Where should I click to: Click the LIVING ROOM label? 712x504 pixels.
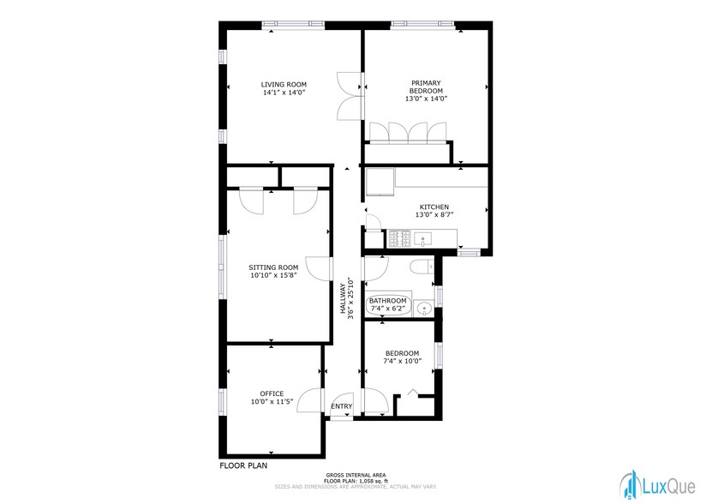284,84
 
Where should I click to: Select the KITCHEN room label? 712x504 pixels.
434,207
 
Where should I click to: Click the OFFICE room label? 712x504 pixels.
272,393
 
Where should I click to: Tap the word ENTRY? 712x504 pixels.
341,406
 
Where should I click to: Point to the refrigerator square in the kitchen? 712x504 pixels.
380,182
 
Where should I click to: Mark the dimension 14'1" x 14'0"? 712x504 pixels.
284,93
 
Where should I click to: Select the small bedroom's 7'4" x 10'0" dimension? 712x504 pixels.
401,362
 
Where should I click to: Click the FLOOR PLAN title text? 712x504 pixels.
244,466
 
